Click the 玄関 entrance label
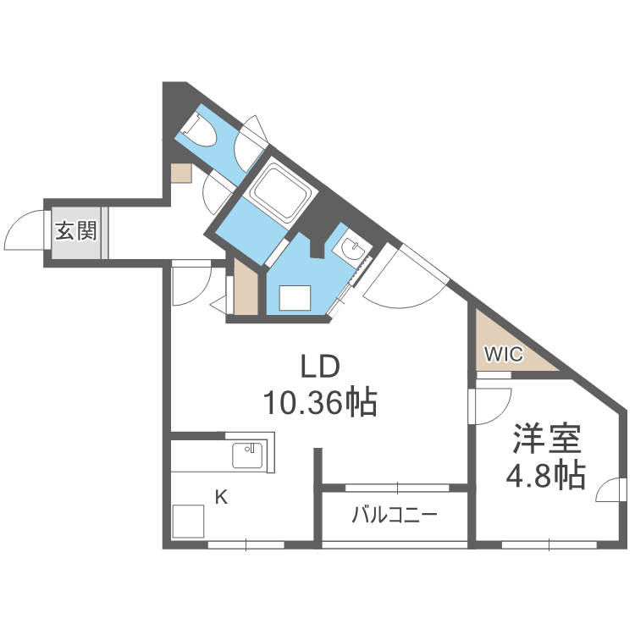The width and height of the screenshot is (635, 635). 76,230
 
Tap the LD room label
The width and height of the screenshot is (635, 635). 320,367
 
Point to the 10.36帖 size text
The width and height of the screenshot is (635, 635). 320,402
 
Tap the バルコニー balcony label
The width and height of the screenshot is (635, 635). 394,514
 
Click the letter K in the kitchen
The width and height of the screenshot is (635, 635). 220,498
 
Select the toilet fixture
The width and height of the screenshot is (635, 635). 196,130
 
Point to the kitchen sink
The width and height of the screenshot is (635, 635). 248,456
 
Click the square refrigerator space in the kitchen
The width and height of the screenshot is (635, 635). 190,521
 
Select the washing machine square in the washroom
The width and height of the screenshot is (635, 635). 296,298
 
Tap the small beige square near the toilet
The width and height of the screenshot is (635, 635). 180,174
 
